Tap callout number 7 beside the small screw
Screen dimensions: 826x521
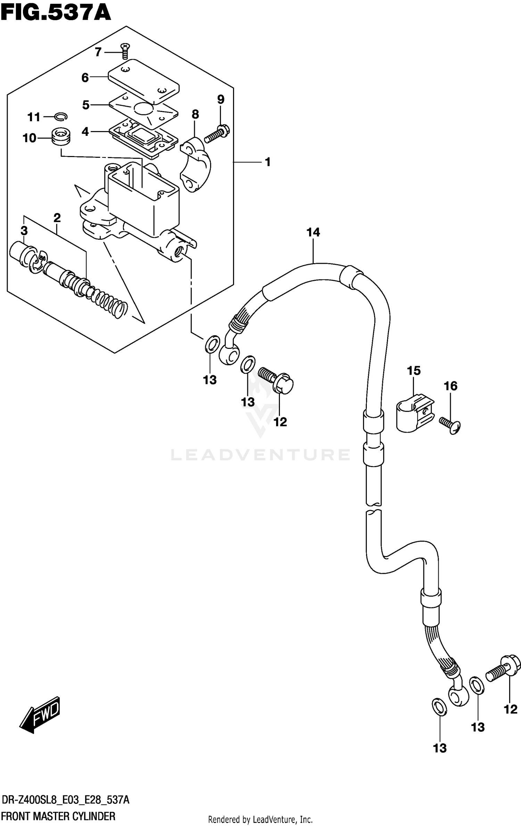click(98, 52)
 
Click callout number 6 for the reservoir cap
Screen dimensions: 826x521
click(85, 77)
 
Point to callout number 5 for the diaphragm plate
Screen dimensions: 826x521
click(86, 105)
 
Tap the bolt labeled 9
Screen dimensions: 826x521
click(217, 134)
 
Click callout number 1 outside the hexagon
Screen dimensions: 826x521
click(267, 162)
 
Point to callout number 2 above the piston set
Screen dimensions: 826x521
click(57, 218)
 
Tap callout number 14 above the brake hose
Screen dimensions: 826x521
click(313, 232)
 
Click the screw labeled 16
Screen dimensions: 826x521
click(450, 426)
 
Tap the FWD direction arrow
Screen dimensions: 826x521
click(40, 714)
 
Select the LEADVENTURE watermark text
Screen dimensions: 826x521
click(260, 455)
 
